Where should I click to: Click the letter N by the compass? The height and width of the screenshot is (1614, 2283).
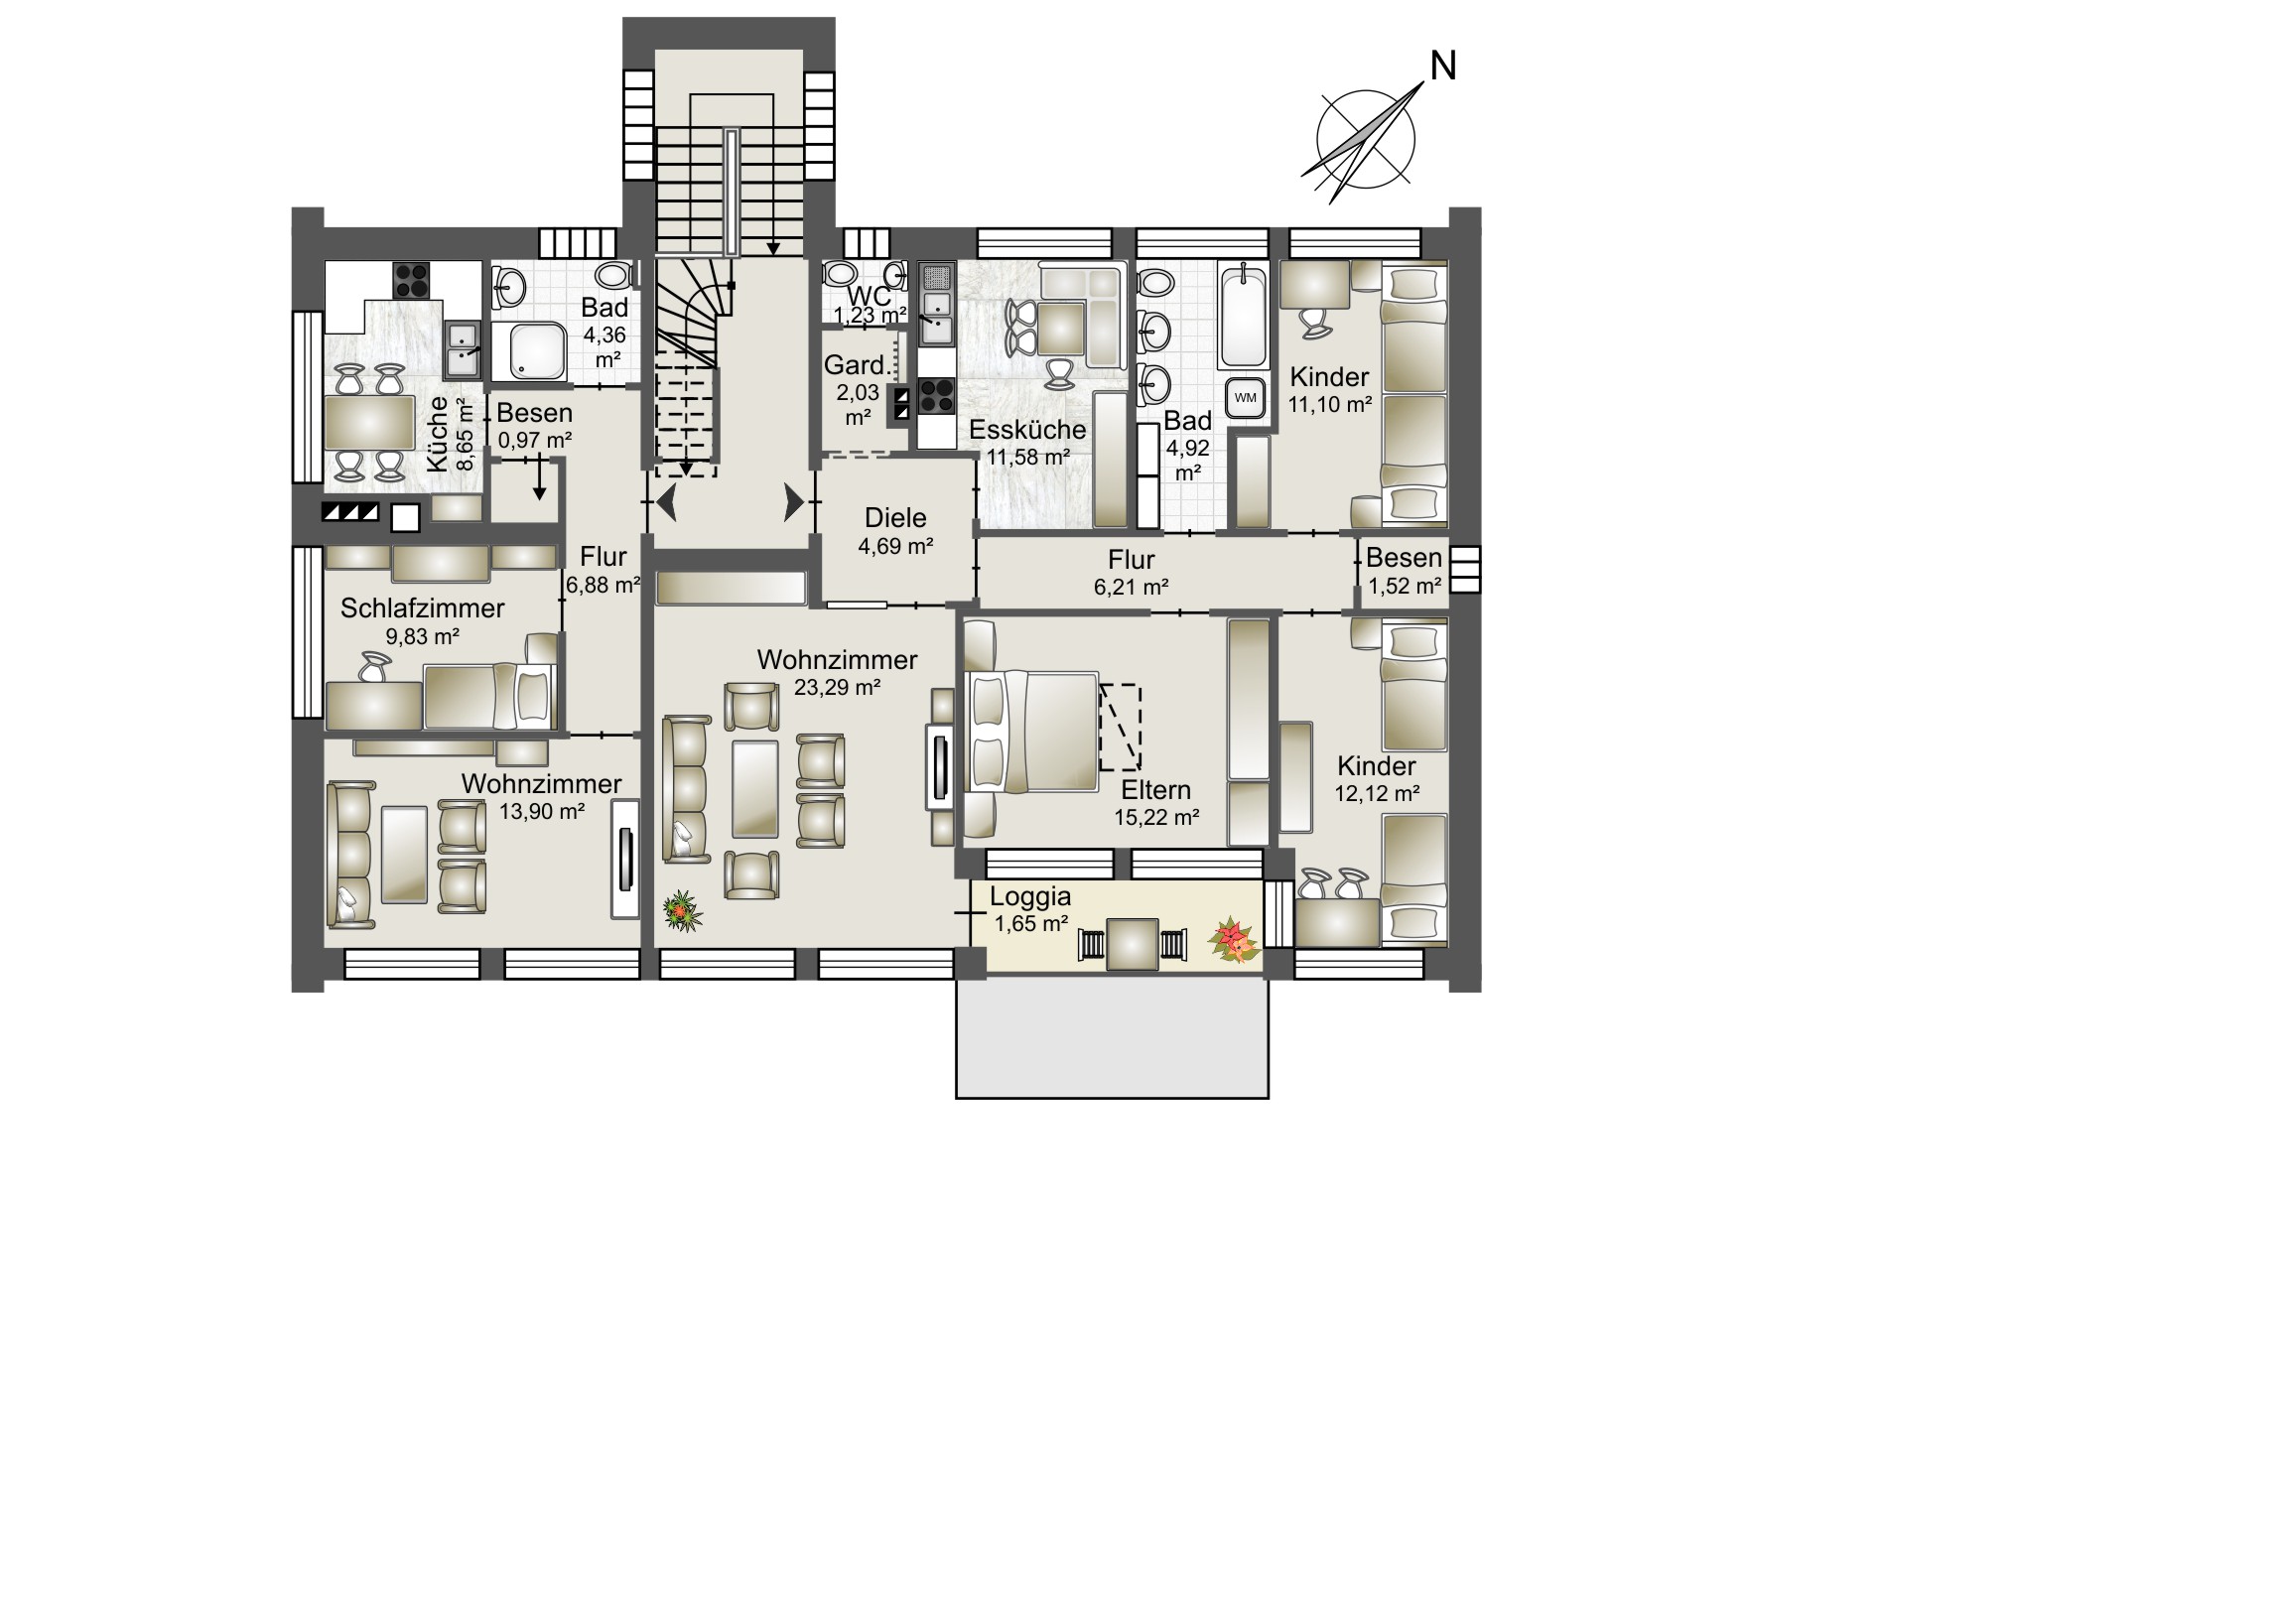click(x=1443, y=67)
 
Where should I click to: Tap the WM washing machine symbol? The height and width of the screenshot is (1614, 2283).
click(x=1246, y=397)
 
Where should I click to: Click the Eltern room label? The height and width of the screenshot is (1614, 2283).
click(x=1155, y=790)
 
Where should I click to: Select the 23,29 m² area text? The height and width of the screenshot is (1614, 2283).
click(x=837, y=687)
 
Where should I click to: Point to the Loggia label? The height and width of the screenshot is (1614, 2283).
click(x=1030, y=896)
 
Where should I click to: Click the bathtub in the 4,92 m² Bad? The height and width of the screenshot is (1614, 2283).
click(x=1243, y=317)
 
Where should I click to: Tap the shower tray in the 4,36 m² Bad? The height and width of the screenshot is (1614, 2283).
click(x=538, y=352)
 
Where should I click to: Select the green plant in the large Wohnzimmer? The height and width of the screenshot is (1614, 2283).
click(x=682, y=910)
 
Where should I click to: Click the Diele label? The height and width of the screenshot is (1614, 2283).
click(x=895, y=518)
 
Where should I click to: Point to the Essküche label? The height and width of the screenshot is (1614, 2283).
click(x=1027, y=431)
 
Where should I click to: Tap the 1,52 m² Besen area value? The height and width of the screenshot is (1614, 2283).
click(x=1404, y=587)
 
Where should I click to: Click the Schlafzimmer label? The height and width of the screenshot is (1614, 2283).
click(x=423, y=608)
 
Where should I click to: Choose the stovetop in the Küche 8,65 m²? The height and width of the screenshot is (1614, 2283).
click(x=412, y=281)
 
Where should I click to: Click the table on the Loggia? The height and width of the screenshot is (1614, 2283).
click(x=1133, y=944)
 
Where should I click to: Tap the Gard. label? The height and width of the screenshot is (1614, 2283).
click(x=855, y=365)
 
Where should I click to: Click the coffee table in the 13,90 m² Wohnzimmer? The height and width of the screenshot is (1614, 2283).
click(x=405, y=855)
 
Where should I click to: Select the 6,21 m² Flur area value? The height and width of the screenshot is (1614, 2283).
click(x=1131, y=588)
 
